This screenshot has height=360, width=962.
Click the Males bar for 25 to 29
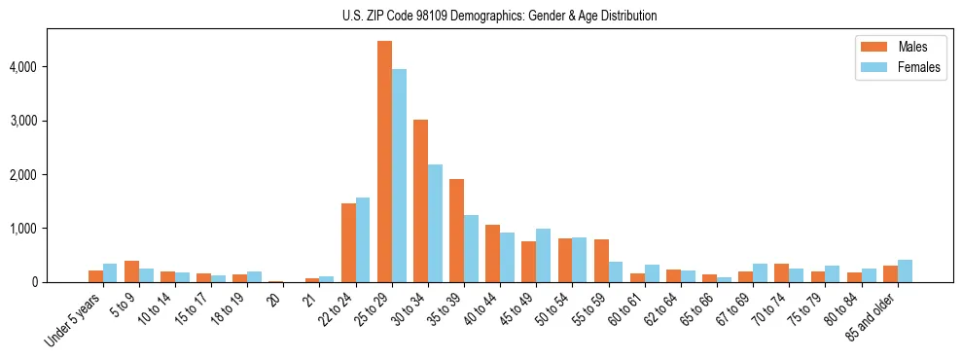tap(384, 162)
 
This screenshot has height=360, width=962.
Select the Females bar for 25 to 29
tap(399, 175)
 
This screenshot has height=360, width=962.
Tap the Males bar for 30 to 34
tap(420, 200)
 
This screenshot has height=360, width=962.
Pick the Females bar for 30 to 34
tap(435, 223)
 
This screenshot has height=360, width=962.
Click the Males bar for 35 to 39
tap(456, 231)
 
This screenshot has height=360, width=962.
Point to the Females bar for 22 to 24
tap(363, 240)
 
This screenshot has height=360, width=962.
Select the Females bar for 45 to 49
tap(543, 256)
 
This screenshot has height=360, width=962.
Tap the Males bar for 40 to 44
tap(492, 254)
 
